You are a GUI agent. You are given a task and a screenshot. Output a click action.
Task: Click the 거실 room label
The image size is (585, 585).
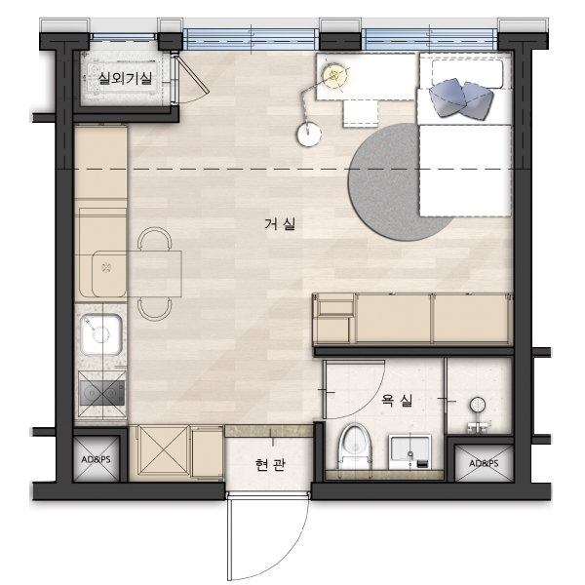tap(280, 224)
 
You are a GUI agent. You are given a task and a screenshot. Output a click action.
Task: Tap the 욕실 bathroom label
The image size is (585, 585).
tap(397, 401)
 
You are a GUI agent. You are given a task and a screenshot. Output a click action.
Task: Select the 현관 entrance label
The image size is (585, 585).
tap(270, 464)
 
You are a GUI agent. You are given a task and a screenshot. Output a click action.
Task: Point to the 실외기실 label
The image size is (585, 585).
tap(125, 78)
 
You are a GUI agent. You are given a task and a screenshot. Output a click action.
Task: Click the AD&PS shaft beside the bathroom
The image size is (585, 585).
tap(484, 463)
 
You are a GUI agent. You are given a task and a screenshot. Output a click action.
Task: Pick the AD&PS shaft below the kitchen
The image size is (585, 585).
tap(96, 459)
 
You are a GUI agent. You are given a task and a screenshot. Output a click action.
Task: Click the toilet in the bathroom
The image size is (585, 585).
tap(355, 446)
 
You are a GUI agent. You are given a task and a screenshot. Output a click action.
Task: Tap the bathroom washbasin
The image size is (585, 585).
tap(410, 451)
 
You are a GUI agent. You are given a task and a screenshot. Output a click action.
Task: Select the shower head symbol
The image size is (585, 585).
tap(478, 405)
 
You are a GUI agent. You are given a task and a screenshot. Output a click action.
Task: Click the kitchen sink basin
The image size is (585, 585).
tap(101, 334)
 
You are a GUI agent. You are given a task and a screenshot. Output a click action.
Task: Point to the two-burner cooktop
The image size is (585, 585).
tap(101, 393)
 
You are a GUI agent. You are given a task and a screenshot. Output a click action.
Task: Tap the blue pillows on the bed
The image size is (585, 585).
tap(461, 98)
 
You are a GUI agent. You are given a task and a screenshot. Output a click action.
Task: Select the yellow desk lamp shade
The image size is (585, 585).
tap(333, 75)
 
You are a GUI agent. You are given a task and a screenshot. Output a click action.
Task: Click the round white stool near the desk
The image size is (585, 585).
tap(309, 135)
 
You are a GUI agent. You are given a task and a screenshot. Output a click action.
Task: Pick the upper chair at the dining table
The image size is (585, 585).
tap(154, 239)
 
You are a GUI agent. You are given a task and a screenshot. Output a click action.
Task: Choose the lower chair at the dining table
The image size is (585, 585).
tap(154, 309)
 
